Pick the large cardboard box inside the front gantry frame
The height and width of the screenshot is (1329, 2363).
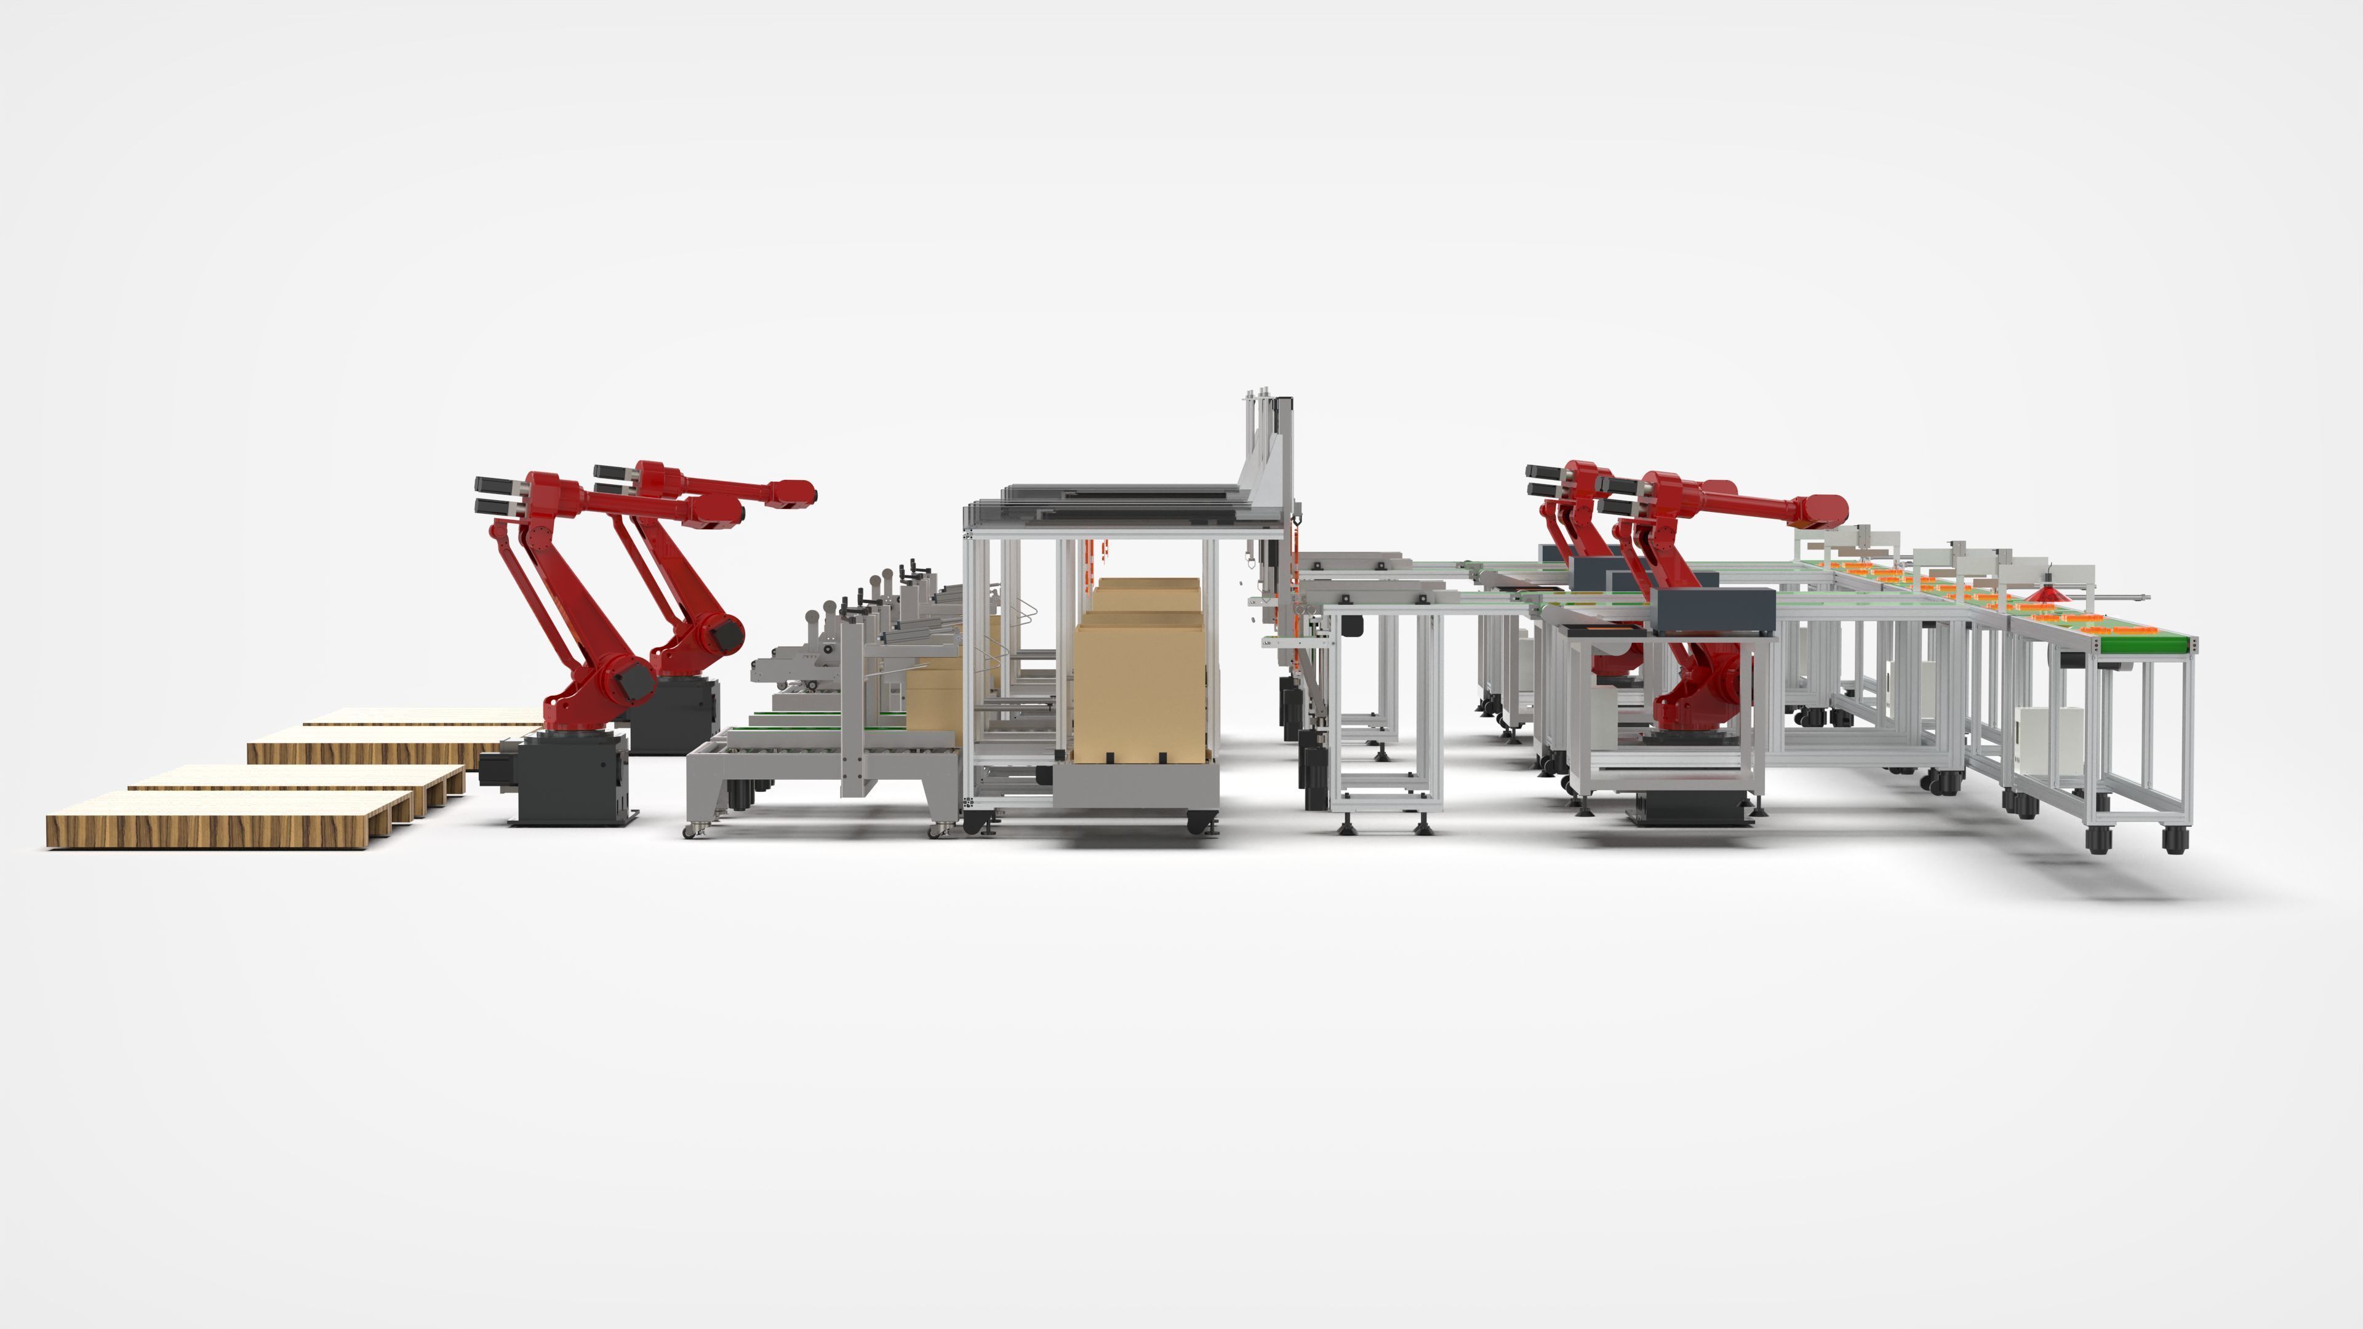click(1137, 684)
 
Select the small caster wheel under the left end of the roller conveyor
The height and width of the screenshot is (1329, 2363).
click(689, 829)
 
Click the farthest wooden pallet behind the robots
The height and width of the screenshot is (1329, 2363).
click(422, 716)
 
